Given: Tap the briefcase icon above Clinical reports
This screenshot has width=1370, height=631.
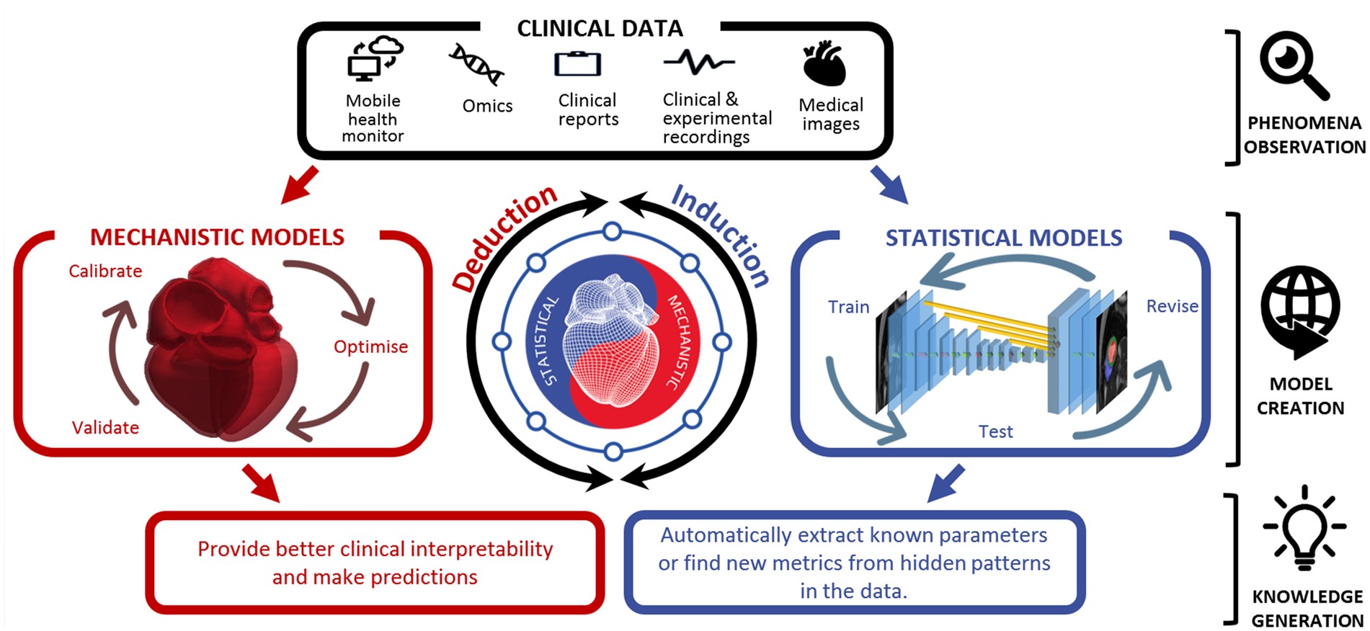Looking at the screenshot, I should pos(577,64).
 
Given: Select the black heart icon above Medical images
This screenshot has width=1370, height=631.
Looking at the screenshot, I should pos(824,64).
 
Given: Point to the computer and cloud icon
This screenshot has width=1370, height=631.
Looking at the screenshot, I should pos(374,58).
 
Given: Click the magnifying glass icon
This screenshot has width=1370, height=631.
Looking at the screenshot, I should pos(1294,65).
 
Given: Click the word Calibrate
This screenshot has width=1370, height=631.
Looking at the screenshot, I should pos(105,271).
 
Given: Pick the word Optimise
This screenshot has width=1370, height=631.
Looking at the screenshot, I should pos(370,346).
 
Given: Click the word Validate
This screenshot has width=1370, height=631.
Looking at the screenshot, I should pos(105,427).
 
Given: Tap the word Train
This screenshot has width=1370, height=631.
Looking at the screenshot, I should pos(848,307).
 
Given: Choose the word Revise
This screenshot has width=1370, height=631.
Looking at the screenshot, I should pos(1172,306).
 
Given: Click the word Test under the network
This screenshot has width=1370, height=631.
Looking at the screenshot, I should pos(995,431).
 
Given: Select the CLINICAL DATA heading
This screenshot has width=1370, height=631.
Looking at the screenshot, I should pos(600,28).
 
